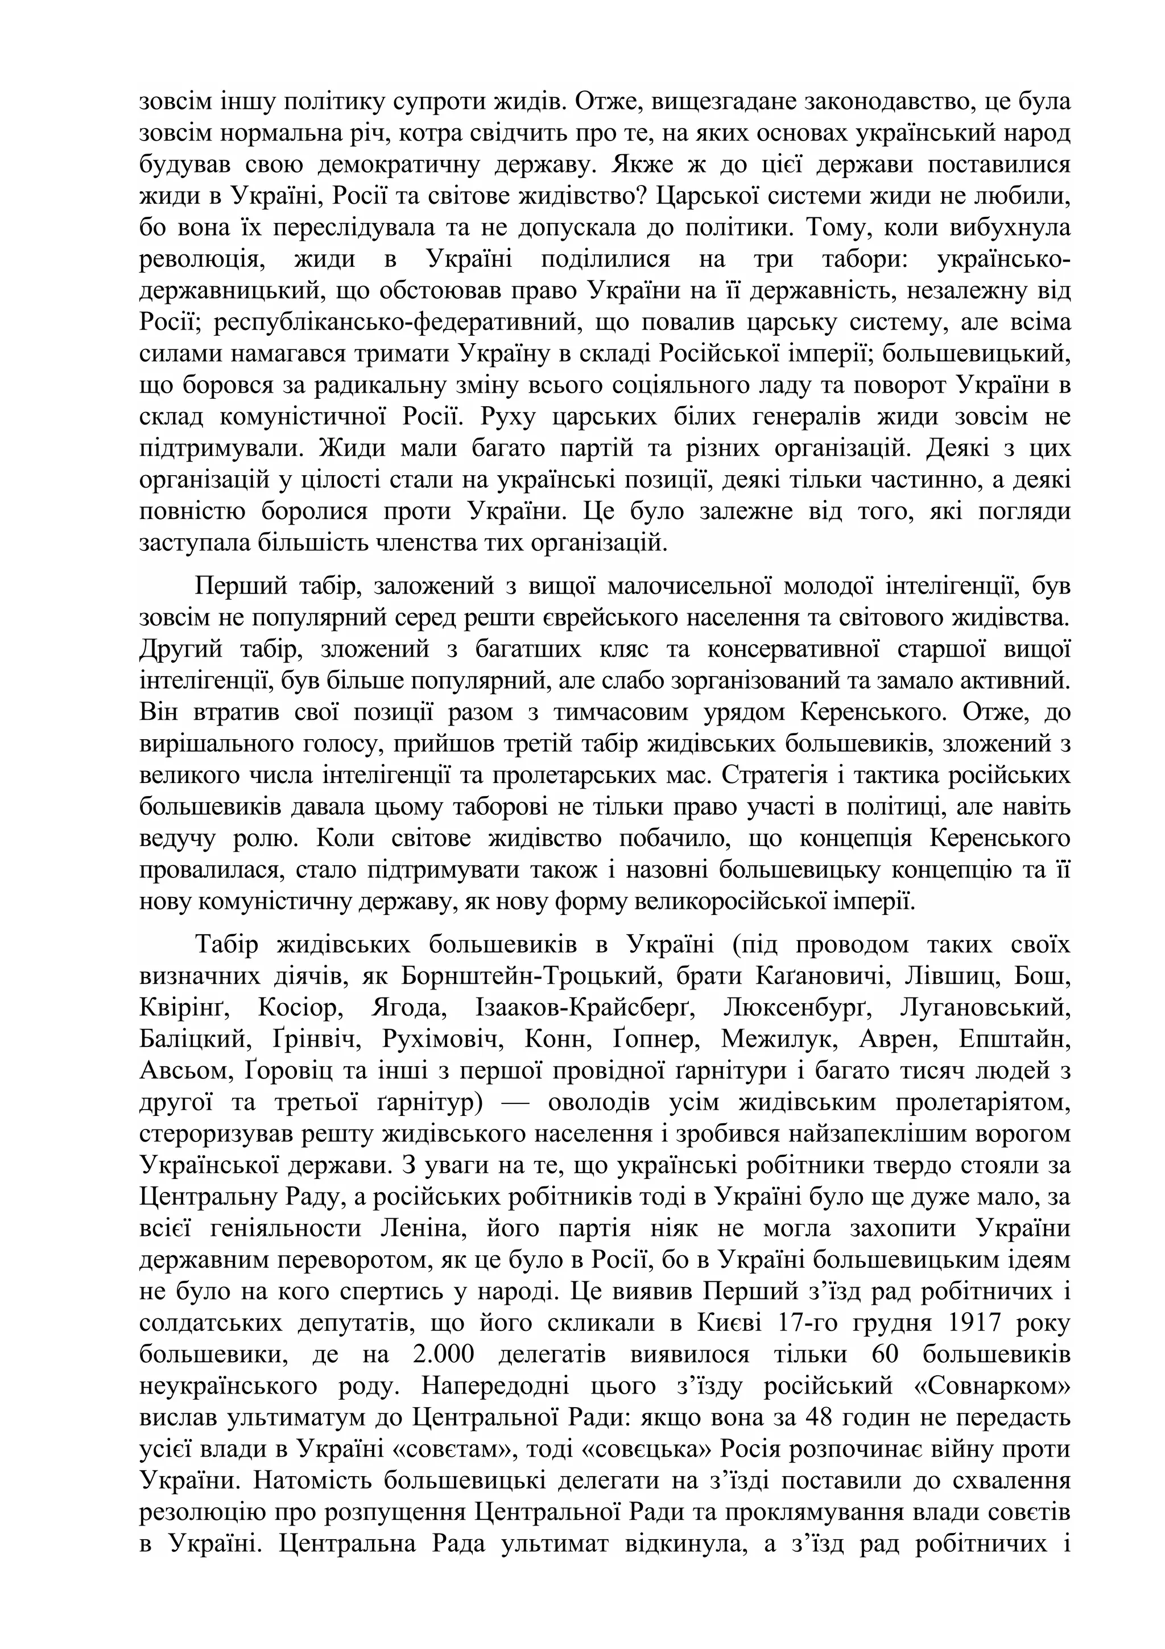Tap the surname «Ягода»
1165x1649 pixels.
point(408,1008)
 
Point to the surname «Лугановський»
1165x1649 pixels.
point(985,1008)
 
